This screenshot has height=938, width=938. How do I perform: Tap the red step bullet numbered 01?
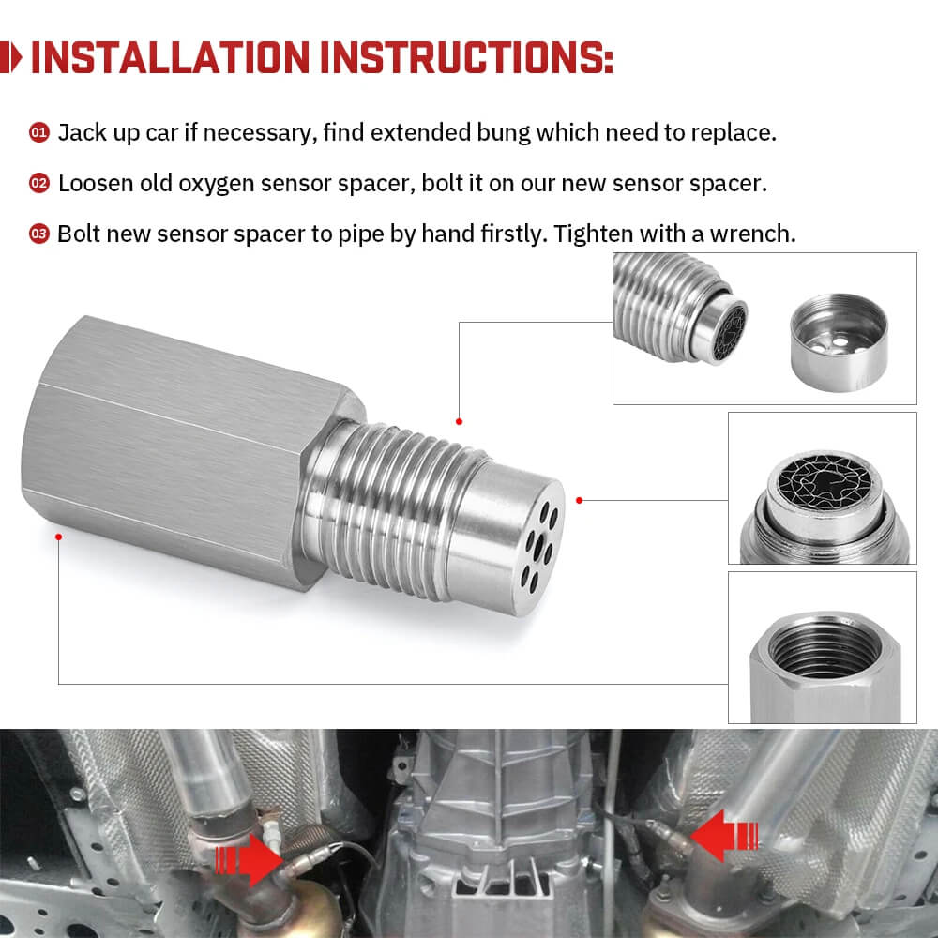(x=39, y=133)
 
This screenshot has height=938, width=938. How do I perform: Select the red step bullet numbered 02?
(x=39, y=183)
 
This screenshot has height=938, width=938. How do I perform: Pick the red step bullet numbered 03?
(x=39, y=234)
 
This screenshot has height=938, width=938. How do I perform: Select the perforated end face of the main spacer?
(x=537, y=542)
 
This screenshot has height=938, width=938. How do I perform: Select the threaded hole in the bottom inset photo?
(x=823, y=647)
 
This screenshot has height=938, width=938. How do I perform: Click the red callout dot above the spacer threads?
(x=459, y=421)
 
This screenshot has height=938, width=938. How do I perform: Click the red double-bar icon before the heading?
(x=13, y=57)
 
